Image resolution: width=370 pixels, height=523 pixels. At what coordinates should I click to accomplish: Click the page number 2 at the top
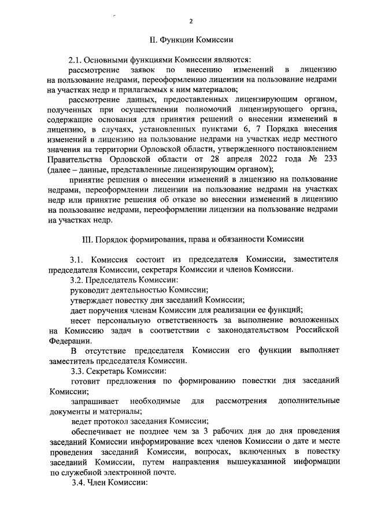click(x=190, y=21)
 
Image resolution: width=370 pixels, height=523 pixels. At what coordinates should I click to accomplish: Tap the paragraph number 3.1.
click(x=78, y=258)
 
